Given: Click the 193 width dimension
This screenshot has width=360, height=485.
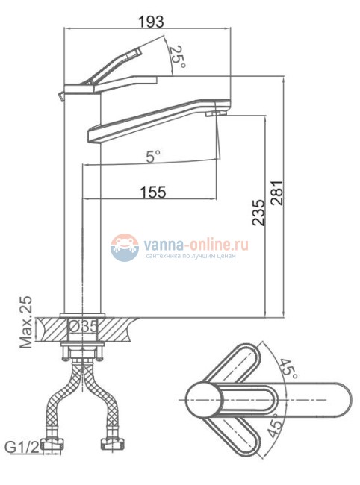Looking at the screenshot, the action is (150, 22).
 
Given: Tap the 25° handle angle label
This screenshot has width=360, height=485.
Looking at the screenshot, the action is (177, 57).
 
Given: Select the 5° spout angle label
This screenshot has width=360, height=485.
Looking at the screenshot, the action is (153, 157).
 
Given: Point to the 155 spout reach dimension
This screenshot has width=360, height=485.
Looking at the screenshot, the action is (153, 192).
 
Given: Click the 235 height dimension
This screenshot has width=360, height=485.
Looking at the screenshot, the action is (258, 212).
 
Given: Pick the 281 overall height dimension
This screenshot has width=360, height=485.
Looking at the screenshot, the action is (277, 193).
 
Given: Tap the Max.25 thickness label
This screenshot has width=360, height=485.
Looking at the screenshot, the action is (26, 322).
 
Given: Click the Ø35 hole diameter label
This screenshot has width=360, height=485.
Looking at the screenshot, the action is (83, 327).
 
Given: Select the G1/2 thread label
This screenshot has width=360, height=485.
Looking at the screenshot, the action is (22, 447).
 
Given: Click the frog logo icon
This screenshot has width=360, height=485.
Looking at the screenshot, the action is (125, 248).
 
